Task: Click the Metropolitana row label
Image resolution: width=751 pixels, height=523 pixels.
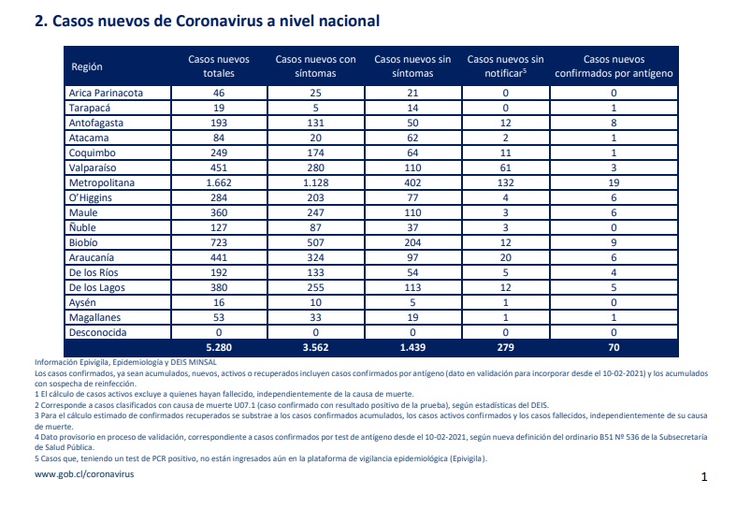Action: coord(102,183)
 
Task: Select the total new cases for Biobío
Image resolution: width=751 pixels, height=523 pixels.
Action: coord(219,243)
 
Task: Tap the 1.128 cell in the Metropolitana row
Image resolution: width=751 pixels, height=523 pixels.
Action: coord(315,183)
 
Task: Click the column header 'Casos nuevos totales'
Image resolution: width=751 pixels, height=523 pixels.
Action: coord(219,66)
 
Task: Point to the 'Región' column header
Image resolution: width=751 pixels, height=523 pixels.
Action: coord(87,66)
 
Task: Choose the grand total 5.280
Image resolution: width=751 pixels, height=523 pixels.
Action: coord(219,348)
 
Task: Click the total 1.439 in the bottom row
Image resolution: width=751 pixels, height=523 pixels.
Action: coord(412,348)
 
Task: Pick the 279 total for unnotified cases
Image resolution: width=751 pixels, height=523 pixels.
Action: coord(505,348)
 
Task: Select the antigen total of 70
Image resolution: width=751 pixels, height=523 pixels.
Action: coord(614,348)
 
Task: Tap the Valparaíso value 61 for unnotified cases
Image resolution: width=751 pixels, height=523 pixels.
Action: coord(505,168)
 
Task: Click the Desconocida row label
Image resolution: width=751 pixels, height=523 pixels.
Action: coord(97,333)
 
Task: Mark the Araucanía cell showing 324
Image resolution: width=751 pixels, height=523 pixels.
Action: coord(315,257)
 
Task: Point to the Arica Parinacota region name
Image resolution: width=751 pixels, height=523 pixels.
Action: coord(106,94)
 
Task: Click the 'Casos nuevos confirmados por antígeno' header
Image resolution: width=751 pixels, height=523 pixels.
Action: coord(614,66)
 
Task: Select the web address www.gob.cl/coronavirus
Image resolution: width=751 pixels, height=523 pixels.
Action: coord(84,474)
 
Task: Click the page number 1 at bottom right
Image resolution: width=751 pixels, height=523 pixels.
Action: coord(704,477)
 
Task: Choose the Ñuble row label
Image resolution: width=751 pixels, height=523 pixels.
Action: coord(82,227)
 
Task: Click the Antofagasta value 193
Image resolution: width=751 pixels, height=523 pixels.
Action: coord(219,123)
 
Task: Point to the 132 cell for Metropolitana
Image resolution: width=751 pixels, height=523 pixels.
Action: coord(505,183)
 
